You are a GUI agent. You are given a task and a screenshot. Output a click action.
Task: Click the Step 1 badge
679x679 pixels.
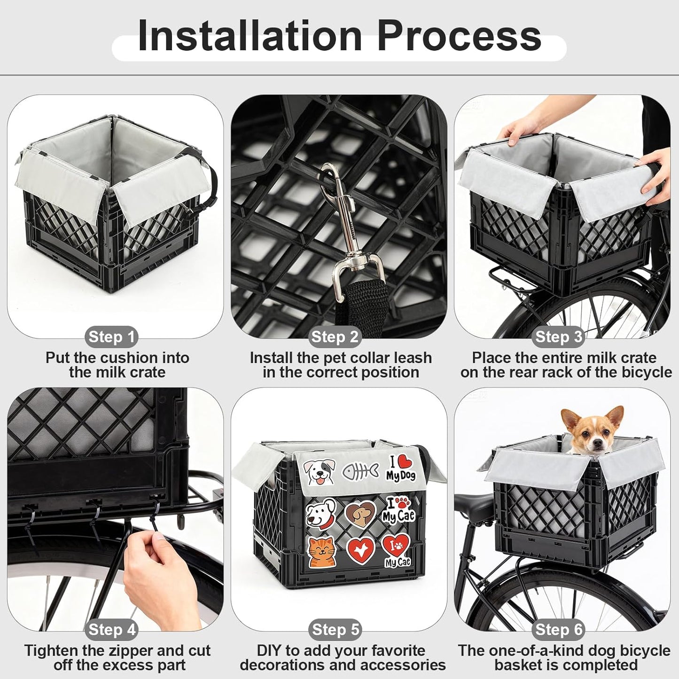pos(112,336)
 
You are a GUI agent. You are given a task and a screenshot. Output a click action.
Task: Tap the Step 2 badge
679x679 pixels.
pos(335,336)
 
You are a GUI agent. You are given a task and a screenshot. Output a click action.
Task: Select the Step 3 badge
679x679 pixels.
pos(559,336)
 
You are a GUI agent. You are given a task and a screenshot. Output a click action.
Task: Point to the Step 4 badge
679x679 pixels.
pos(112,629)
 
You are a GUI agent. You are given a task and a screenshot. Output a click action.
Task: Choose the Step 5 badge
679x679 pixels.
pos(335,629)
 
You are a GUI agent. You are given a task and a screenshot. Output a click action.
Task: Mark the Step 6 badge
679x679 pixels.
pos(559,629)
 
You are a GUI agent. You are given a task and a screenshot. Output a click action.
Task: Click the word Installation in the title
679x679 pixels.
pos(250,36)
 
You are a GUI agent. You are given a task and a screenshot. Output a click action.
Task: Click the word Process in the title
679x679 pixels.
pos(459,36)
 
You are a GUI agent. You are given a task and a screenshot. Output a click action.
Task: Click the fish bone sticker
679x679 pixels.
pos(359,471)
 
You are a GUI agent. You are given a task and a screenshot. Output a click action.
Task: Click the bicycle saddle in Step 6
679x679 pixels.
pos(475,504)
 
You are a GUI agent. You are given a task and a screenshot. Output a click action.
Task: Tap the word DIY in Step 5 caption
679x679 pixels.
pos(269,650)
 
